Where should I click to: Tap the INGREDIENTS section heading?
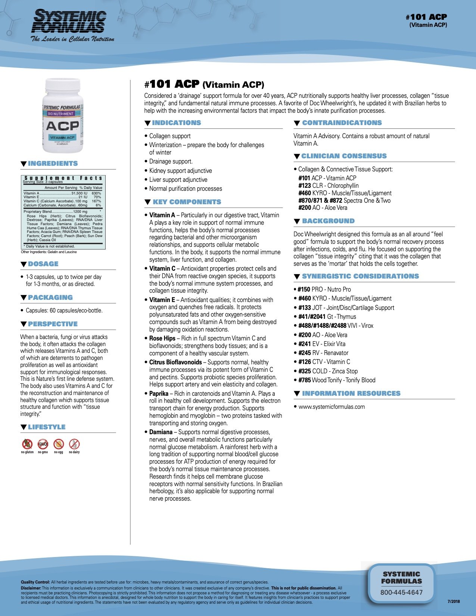(x=53, y=164)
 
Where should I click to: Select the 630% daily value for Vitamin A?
(x=96, y=193)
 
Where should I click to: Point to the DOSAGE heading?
(x=43, y=264)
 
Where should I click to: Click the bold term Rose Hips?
(x=162, y=338)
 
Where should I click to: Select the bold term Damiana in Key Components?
(x=161, y=432)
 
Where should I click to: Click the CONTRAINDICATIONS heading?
(x=342, y=123)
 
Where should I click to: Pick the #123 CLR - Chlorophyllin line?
(x=328, y=186)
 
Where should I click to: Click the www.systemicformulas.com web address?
(x=332, y=407)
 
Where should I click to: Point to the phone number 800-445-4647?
(x=401, y=592)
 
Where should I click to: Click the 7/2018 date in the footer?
(x=454, y=601)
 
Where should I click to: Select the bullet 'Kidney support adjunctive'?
(x=180, y=171)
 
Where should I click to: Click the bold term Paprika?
(x=159, y=393)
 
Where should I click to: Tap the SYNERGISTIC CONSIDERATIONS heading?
(x=360, y=276)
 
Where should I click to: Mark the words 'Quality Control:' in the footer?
(x=35, y=582)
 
